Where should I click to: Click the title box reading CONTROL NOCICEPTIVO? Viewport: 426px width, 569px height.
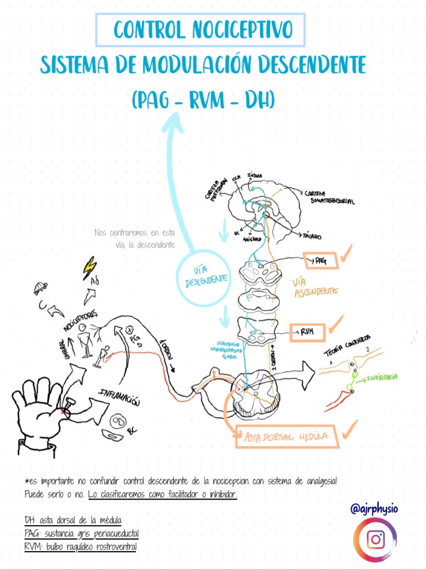[200, 30]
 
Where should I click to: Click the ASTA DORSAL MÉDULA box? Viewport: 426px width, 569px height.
[287, 438]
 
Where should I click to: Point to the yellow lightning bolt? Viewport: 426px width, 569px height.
[89, 268]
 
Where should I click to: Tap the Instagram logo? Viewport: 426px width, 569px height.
[376, 540]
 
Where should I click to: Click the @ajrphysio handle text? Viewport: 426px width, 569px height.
[375, 508]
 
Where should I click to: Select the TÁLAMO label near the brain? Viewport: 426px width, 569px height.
[311, 236]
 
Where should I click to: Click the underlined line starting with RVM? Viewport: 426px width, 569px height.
[81, 547]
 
